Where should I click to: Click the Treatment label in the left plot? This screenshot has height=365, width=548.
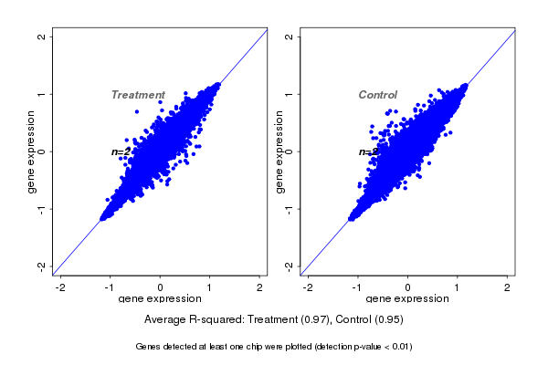click(138, 95)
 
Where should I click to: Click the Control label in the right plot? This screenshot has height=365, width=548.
click(377, 95)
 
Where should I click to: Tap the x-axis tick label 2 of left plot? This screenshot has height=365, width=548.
click(260, 287)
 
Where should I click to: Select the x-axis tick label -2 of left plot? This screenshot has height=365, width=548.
click(60, 287)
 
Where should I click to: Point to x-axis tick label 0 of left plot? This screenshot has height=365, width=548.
click(161, 287)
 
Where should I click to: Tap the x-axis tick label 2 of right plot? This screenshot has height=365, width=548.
click(508, 287)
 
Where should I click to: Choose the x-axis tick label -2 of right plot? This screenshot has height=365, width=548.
click(308, 287)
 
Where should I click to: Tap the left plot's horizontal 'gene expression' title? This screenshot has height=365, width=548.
click(160, 299)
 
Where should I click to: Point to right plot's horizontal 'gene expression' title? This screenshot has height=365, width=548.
click(407, 299)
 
